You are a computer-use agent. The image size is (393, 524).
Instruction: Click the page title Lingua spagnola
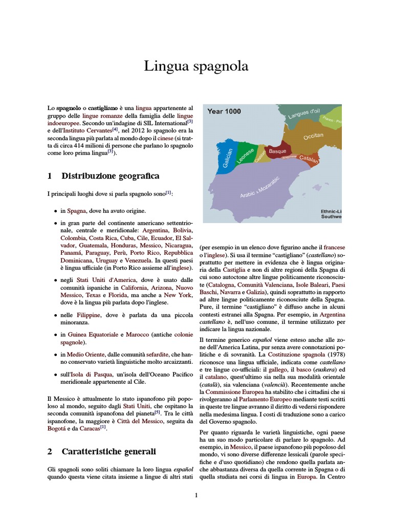coord(196,67)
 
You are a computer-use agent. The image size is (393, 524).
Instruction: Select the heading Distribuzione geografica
coord(110,176)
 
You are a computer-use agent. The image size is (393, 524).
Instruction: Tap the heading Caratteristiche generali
coord(108,451)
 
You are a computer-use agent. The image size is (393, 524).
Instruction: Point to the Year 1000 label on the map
coord(224,111)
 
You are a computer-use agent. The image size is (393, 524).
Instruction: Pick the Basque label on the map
coord(277,151)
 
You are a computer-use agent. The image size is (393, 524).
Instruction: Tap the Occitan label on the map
coord(313,137)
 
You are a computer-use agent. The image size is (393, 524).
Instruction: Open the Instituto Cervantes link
coord(83,131)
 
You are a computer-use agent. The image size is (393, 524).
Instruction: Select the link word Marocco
coord(138,335)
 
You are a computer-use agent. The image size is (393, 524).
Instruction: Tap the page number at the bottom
coord(196,495)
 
